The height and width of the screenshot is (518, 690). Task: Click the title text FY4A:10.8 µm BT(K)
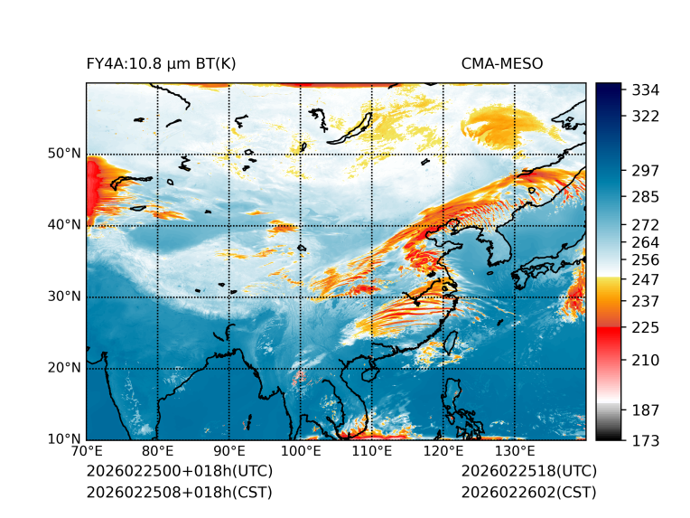pyautogui.click(x=162, y=63)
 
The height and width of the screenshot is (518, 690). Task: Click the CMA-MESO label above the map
pyautogui.click(x=502, y=63)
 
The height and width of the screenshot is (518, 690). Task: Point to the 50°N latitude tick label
pyautogui.click(x=64, y=154)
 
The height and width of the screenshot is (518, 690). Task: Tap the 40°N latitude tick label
pyautogui.click(x=64, y=225)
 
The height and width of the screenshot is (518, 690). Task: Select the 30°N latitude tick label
pyautogui.click(x=64, y=297)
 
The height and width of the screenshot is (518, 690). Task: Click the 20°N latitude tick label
pyautogui.click(x=64, y=368)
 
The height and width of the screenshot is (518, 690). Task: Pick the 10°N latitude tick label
pyautogui.click(x=64, y=439)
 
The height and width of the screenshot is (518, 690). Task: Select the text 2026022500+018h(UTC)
pyautogui.click(x=179, y=472)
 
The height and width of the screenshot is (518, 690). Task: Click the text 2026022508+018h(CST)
pyautogui.click(x=179, y=492)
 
